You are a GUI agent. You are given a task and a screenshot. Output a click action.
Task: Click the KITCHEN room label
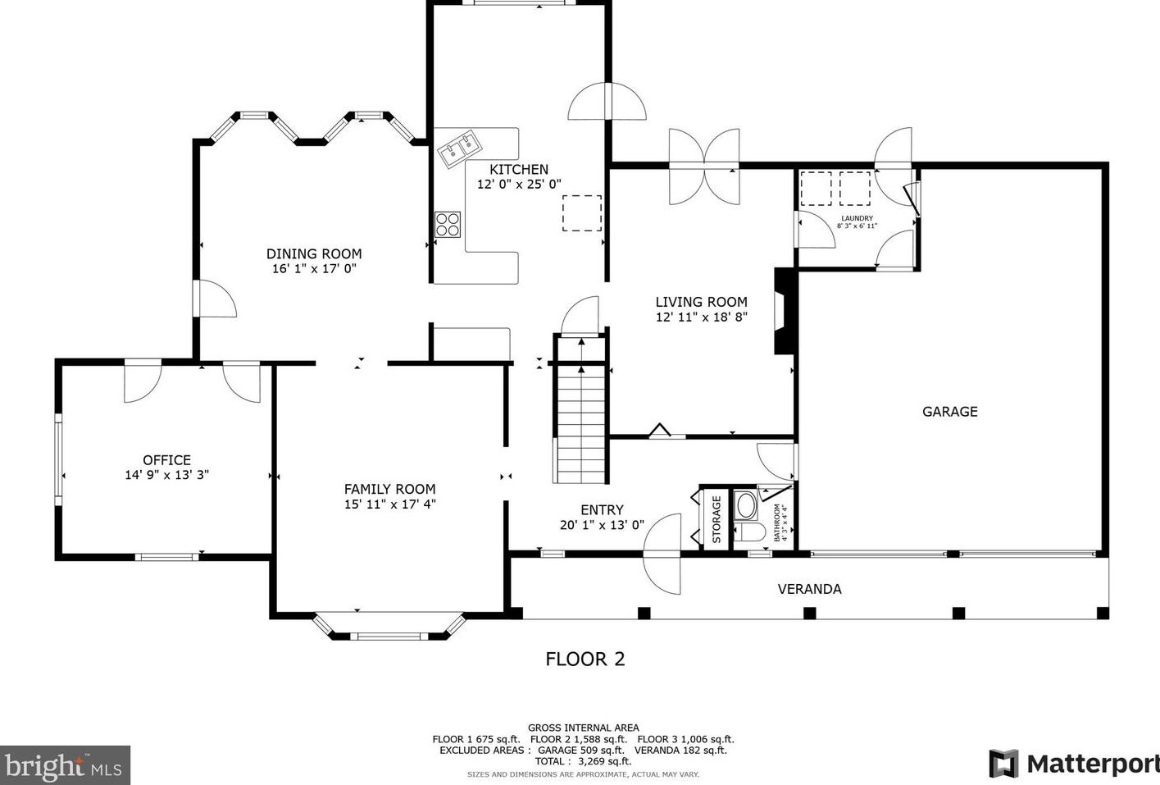click(519, 170)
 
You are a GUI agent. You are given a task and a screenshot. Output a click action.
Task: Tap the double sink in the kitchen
click(460, 148)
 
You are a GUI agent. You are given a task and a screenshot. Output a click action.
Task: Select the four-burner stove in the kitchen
click(448, 225)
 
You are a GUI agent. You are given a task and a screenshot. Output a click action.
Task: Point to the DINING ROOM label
click(314, 254)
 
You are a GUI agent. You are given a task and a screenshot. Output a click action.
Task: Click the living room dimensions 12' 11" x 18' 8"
click(702, 317)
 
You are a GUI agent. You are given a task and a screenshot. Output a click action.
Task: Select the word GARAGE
click(950, 412)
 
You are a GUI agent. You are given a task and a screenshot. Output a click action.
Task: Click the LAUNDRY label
click(857, 218)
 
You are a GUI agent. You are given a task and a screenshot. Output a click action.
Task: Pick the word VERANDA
click(809, 589)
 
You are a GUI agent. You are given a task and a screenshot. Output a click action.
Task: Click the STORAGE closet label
click(716, 519)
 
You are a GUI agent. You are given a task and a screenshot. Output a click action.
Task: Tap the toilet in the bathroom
click(750, 532)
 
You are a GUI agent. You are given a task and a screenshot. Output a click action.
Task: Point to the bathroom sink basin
click(746, 506)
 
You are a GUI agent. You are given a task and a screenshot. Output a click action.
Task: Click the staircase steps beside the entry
click(581, 424)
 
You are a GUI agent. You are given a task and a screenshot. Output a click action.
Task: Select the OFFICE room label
click(166, 460)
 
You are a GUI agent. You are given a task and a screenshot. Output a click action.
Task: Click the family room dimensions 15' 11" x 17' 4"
click(390, 504)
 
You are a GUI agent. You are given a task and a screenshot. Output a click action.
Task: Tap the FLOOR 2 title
click(585, 659)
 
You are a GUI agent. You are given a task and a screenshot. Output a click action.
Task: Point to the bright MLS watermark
click(65, 765)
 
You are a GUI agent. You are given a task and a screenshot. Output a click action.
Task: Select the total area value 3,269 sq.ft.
click(605, 761)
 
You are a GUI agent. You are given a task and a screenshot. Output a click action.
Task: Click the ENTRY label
click(602, 510)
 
